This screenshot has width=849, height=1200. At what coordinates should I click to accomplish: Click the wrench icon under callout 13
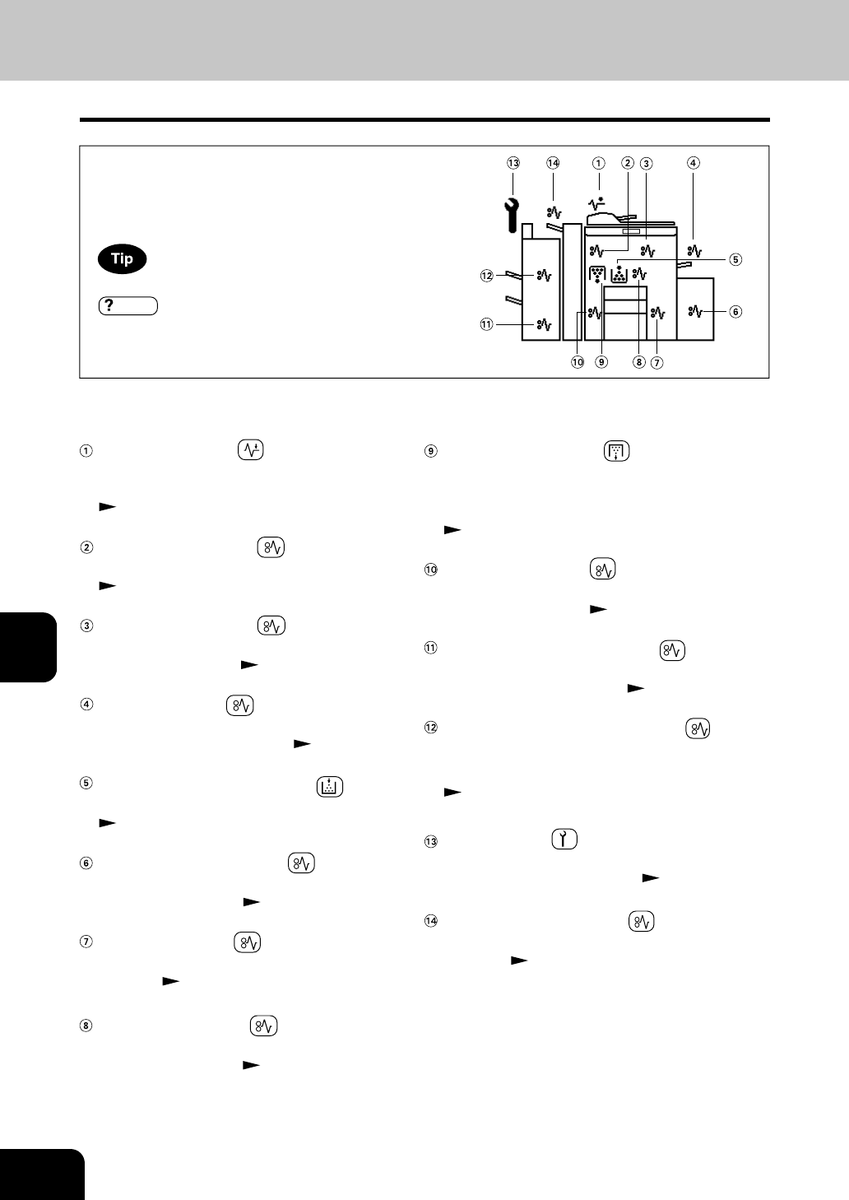(511, 215)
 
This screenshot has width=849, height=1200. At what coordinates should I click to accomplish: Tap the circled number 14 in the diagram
(553, 163)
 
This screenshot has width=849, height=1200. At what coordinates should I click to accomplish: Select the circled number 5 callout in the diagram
(735, 259)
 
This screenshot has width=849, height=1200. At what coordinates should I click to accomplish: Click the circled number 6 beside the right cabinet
(735, 312)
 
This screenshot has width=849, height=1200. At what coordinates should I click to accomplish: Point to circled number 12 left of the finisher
(486, 276)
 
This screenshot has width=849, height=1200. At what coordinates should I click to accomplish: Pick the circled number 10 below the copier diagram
(578, 361)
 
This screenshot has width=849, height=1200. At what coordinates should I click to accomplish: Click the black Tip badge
(122, 259)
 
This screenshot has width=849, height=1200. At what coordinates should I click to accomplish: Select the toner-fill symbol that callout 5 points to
(619, 274)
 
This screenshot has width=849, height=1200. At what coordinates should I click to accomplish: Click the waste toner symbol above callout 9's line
(597, 275)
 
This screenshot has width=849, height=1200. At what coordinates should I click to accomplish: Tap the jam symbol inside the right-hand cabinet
(695, 311)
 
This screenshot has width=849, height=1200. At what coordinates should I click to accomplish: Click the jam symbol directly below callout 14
(554, 212)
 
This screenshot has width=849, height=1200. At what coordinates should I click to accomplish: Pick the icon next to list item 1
(250, 450)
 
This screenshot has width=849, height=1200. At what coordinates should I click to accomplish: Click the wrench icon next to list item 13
(564, 840)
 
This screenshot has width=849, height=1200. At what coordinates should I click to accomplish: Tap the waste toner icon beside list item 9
(616, 450)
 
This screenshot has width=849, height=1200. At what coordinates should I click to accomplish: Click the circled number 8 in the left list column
(86, 1026)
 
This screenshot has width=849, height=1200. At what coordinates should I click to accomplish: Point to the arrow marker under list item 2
(105, 586)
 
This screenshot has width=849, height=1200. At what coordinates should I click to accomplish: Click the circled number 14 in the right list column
(429, 921)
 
